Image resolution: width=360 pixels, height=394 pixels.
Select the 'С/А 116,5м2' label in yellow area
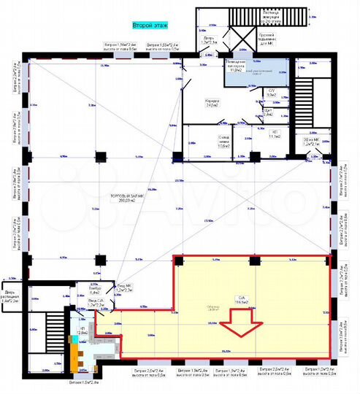coord(241,298)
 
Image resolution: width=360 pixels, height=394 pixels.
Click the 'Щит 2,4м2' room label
coord(268,113)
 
